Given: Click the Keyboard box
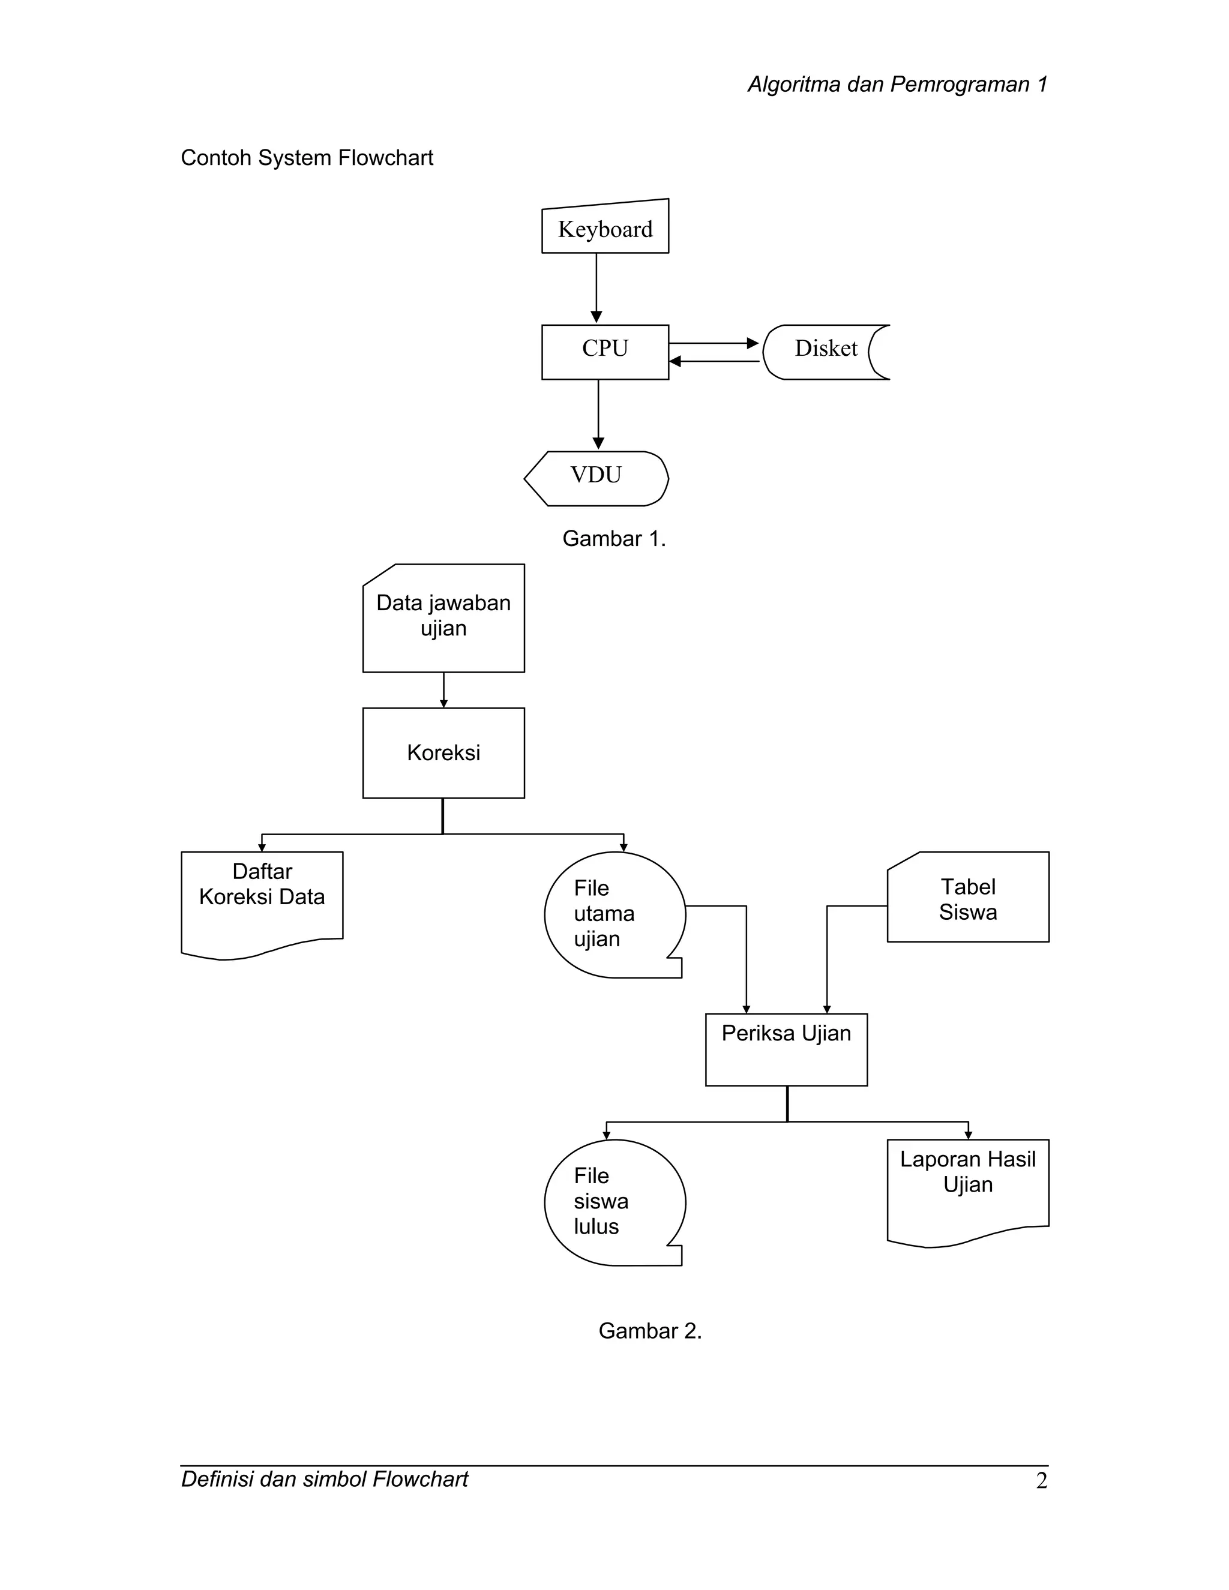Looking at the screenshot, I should pos(605,229).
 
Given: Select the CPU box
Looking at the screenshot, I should pos(605,352).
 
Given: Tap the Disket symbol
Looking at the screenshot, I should pos(825,352).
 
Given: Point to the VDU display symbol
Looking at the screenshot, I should pos(597,478).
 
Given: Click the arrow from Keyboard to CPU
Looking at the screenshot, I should pos(596,287).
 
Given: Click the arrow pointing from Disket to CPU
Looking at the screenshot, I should pos(714,361).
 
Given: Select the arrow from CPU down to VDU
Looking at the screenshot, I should pos(598,413).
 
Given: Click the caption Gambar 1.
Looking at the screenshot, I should pos(614,539).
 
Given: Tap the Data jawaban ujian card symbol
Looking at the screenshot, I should pos(443,619).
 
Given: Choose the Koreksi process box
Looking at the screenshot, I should pos(443,753).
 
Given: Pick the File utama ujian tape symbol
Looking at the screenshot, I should pos(614,914).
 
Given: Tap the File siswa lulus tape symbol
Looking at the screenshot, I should pos(614,1202).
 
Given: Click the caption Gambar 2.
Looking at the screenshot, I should pos(650,1331).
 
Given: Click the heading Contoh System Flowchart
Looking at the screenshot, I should pos(307,158).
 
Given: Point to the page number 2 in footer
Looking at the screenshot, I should pos(1041,1481).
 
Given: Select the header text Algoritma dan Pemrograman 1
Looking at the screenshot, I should pos(897,85).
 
